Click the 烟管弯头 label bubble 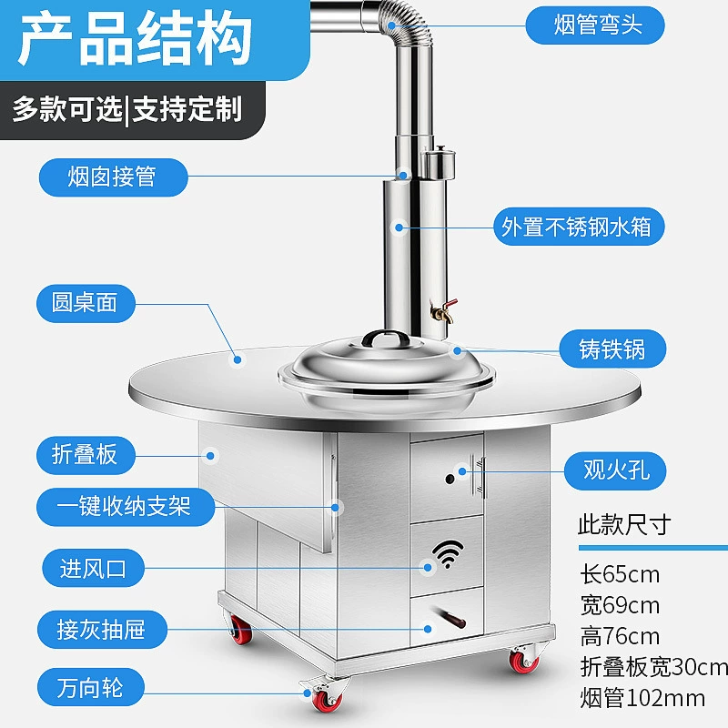tap(595, 25)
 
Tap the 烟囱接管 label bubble tap(113, 177)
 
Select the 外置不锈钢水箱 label tap(579, 227)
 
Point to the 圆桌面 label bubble tap(86, 303)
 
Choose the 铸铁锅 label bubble tap(612, 349)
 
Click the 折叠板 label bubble tap(86, 455)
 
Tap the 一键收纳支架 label tap(126, 507)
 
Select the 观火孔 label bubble tap(615, 470)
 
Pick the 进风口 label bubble tap(94, 568)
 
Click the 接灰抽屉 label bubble tap(102, 630)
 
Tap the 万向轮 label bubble tap(90, 687)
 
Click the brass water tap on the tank tap(443, 310)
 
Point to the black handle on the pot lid tap(386, 337)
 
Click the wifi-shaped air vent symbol tap(448, 554)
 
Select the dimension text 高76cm tap(620, 636)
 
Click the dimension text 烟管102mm tap(642, 698)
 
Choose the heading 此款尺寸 tap(624, 525)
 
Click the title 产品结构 tap(136, 38)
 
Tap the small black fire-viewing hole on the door tap(450, 479)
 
